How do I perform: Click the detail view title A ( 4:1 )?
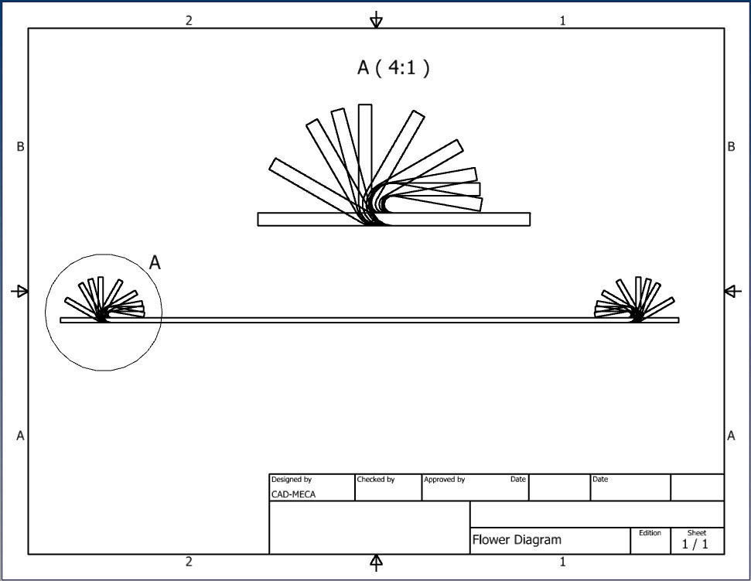click(393, 68)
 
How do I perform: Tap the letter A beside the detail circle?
click(155, 263)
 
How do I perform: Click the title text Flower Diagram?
click(517, 540)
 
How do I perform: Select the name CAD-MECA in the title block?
click(292, 494)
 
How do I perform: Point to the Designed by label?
click(292, 480)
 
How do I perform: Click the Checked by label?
click(376, 480)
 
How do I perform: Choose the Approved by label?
click(444, 480)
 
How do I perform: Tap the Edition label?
click(650, 532)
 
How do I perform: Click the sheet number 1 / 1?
click(695, 545)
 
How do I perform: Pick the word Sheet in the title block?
click(697, 532)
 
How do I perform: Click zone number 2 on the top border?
click(189, 21)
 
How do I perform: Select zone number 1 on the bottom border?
click(562, 562)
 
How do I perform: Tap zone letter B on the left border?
click(21, 147)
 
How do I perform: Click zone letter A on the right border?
click(731, 436)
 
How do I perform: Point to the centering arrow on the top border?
click(376, 20)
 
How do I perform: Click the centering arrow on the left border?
click(21, 292)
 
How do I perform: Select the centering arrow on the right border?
click(732, 292)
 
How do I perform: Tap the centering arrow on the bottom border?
click(376, 562)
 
